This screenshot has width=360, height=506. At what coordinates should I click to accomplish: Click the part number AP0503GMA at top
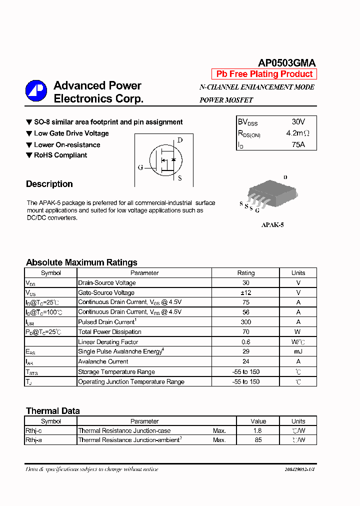(286, 63)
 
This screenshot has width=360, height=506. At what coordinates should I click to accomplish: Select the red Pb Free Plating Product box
(264, 74)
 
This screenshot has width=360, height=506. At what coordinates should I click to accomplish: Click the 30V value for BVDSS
(298, 122)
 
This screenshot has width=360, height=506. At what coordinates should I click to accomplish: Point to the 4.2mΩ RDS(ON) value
(298, 133)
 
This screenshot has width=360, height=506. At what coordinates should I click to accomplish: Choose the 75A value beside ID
(298, 145)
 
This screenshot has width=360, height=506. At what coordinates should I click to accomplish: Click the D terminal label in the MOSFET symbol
(180, 140)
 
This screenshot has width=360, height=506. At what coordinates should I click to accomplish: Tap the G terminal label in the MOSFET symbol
(140, 167)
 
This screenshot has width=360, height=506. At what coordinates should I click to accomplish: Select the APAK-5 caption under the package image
(272, 225)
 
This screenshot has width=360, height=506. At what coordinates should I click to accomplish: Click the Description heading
(49, 184)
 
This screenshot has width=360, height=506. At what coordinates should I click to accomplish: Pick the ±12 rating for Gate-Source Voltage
(245, 292)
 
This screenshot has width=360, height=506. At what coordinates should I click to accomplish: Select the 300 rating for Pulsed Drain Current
(245, 322)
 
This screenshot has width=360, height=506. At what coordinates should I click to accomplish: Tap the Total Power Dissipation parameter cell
(109, 332)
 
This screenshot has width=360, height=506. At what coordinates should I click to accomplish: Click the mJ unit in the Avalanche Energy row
(298, 351)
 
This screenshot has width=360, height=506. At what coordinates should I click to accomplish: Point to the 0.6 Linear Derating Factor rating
(245, 342)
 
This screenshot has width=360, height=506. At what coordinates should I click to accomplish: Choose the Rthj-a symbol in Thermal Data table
(33, 440)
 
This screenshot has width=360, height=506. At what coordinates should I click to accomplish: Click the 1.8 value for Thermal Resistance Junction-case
(258, 430)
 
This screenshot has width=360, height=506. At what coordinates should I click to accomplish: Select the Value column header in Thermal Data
(258, 421)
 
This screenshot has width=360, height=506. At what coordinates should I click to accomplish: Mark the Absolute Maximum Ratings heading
(81, 262)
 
